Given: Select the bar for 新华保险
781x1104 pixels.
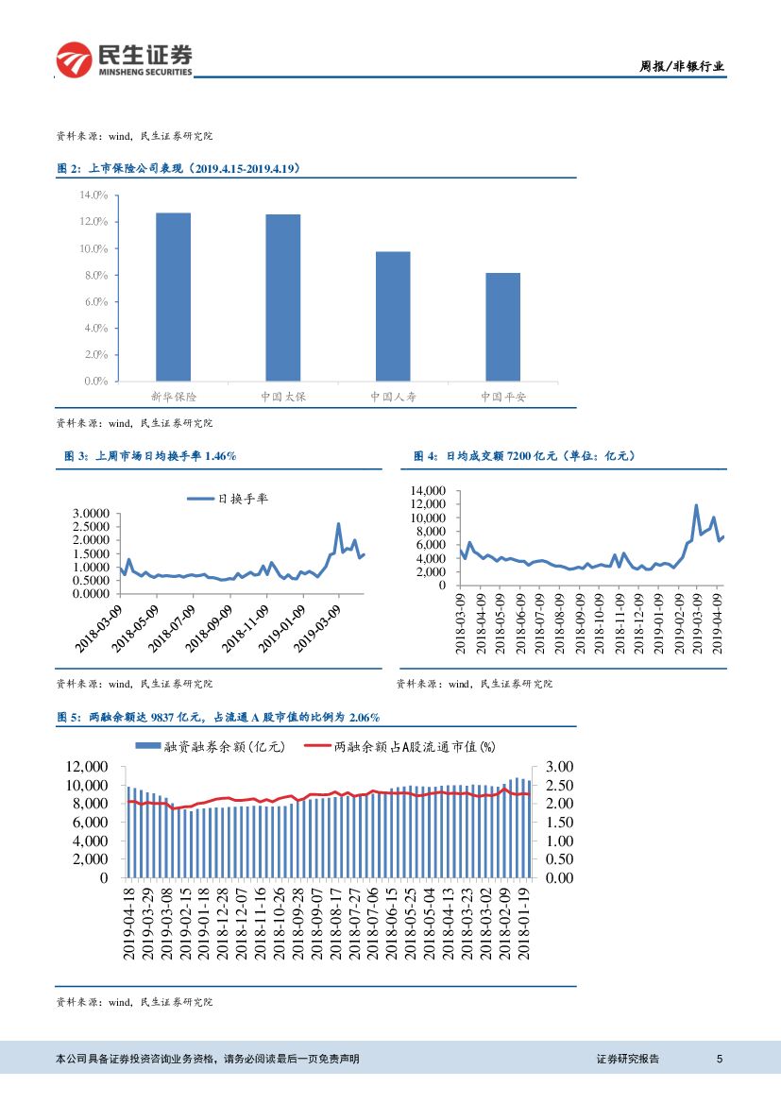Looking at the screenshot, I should [174, 297].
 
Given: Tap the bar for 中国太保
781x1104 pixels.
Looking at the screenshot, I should [283, 297].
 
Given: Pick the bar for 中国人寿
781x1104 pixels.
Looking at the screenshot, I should [393, 316].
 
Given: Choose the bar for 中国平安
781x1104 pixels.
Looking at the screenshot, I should [502, 327].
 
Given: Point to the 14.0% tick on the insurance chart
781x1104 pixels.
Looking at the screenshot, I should [94, 195].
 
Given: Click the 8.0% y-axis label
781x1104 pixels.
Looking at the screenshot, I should [94, 275].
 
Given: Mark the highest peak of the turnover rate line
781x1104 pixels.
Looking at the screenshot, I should [339, 523].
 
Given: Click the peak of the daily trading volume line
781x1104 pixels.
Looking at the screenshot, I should [697, 505].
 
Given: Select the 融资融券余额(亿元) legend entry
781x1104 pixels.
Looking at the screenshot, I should [211, 747].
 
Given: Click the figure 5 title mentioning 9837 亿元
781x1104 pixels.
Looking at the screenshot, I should [219, 718].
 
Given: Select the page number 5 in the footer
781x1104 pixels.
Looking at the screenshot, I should [720, 1059].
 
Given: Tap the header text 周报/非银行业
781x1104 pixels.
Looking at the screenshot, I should [682, 66].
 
